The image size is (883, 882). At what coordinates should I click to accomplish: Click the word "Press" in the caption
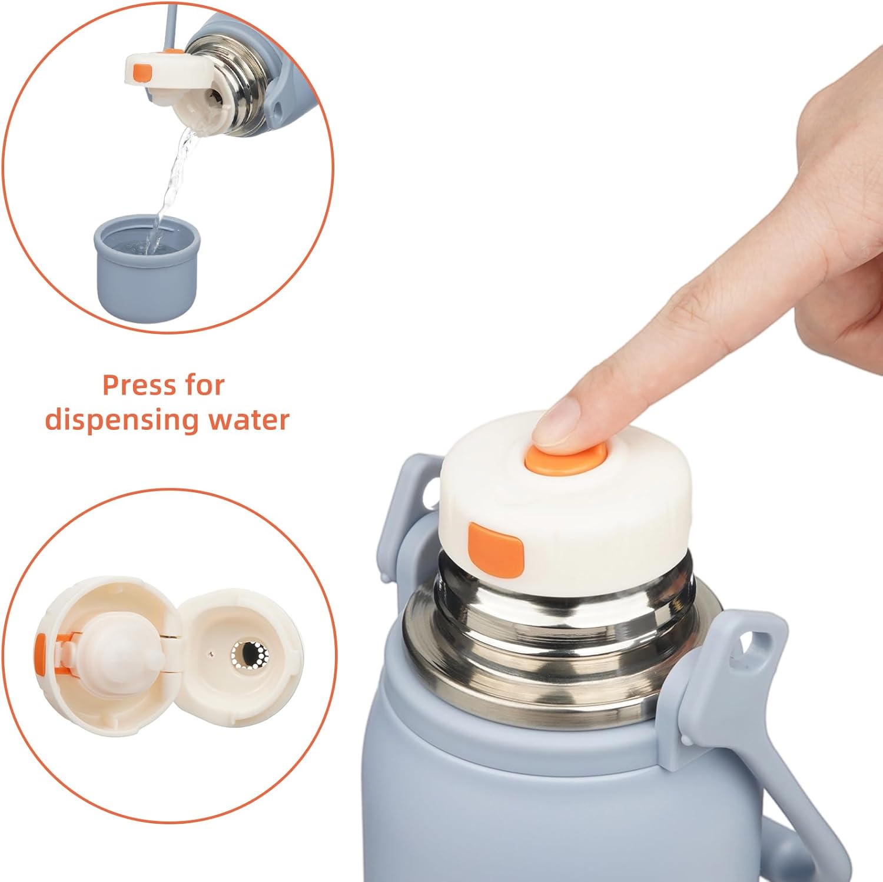pos(139,386)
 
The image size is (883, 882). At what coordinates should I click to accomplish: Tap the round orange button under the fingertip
pos(566,458)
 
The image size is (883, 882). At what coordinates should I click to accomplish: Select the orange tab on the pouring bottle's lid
pos(142,72)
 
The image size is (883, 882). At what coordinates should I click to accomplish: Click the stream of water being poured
pos(172,180)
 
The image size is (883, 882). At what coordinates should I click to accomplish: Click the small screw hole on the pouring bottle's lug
pos(277,108)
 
